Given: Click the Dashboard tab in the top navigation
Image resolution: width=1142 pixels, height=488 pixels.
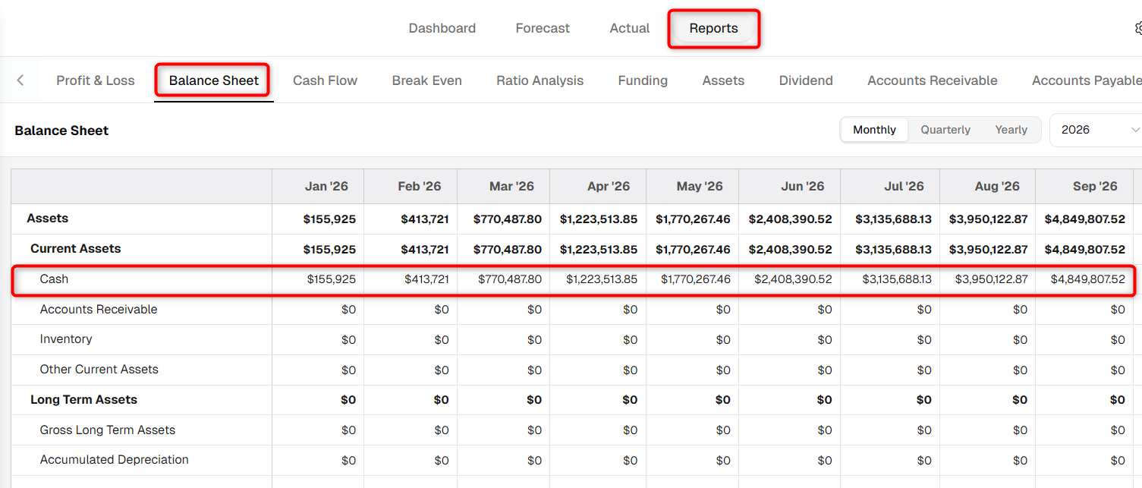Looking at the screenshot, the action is coord(442,28).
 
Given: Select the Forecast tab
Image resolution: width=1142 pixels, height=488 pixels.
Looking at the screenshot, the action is coord(543,28).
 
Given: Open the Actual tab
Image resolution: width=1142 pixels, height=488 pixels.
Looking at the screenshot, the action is coord(630,28).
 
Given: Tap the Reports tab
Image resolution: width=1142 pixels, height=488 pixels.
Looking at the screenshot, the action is coord(713,28).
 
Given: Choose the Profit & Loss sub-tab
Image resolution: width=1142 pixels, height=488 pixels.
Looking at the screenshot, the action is coord(96,80).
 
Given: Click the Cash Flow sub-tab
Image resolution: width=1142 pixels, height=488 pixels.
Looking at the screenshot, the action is coord(325,80).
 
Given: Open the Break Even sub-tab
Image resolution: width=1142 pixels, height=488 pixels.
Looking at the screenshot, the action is coord(426,80).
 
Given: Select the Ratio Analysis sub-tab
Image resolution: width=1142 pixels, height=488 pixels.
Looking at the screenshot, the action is coord(540,80).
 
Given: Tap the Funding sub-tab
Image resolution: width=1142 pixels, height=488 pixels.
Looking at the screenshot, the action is coord(643,80).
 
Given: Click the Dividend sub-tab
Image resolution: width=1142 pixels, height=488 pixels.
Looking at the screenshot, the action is coord(806,80).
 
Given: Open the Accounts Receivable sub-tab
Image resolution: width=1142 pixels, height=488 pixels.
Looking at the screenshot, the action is coord(933,80).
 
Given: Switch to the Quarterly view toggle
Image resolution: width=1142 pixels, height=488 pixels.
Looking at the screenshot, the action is coord(945,130).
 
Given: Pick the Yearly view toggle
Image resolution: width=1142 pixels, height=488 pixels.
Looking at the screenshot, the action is coord(1011,130).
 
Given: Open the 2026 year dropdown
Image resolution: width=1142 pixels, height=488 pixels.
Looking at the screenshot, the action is coord(1096,130).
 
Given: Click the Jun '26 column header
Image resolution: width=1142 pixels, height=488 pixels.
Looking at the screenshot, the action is coord(803,186).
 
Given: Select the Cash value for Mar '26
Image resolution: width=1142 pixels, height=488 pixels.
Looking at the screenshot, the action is coord(510,279).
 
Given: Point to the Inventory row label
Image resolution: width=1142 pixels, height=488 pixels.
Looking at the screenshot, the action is coord(66,339).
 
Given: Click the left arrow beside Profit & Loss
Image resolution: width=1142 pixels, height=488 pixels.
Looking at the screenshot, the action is coord(20,80).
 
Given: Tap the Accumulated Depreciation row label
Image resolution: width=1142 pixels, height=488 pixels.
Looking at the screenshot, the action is coord(114,460).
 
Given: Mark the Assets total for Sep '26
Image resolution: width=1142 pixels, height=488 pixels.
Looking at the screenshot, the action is coord(1084,219).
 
